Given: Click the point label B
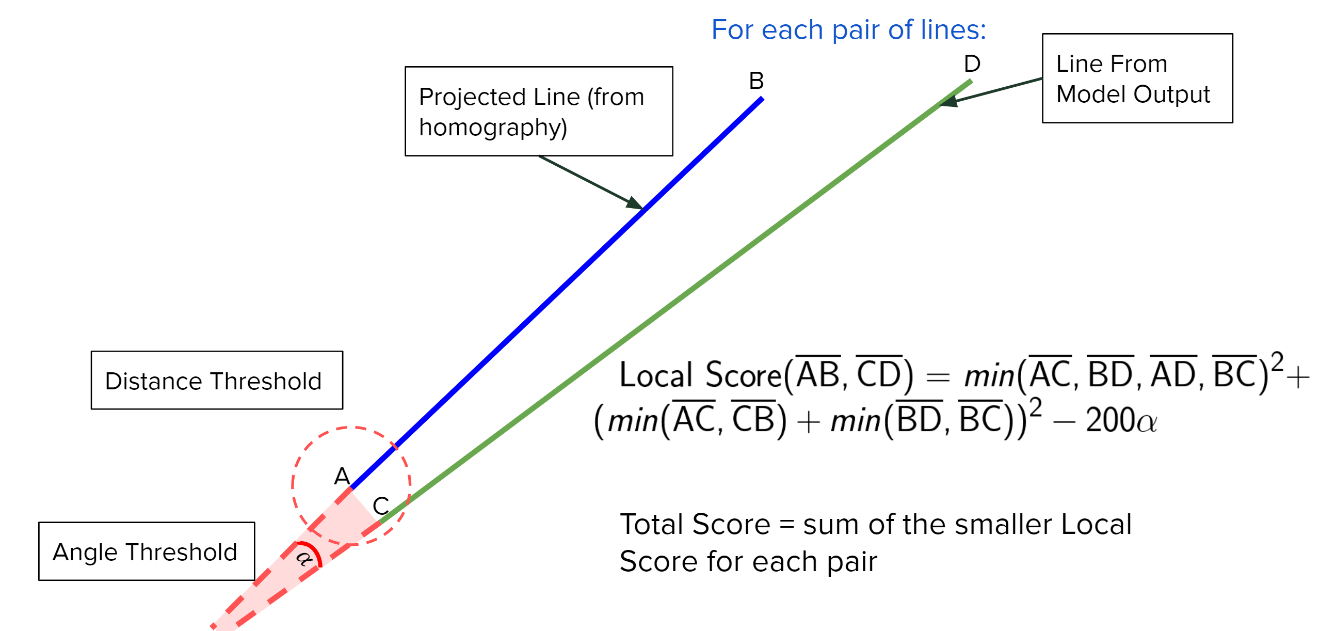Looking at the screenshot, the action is pyautogui.click(x=756, y=81).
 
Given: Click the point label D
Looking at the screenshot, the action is pyautogui.click(x=972, y=64).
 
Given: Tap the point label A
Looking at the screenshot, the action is pyautogui.click(x=342, y=476).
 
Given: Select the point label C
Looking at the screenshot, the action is pyautogui.click(x=381, y=506).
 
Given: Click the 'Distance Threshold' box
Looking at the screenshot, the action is pyautogui.click(x=217, y=380).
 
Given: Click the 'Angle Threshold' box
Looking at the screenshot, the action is pyautogui.click(x=147, y=551).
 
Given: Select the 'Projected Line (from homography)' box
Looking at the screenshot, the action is pyautogui.click(x=539, y=111).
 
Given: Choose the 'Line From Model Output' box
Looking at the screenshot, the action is pyautogui.click(x=1137, y=78).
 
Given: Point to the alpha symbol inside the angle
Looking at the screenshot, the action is pyautogui.click(x=304, y=558).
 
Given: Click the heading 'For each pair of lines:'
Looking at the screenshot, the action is pyautogui.click(x=848, y=30).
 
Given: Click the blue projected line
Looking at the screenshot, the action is pyautogui.click(x=557, y=293).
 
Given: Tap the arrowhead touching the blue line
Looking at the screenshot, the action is pyautogui.click(x=635, y=202).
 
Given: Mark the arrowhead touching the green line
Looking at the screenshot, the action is pyautogui.click(x=948, y=101).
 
